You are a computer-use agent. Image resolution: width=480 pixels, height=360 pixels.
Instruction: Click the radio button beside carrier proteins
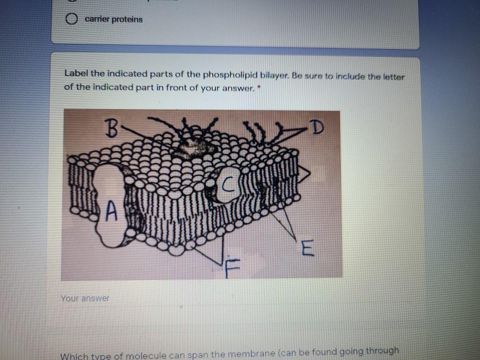(71, 19)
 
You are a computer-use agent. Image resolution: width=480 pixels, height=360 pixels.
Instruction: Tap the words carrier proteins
(114, 19)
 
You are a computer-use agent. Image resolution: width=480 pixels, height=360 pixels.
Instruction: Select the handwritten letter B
(110, 128)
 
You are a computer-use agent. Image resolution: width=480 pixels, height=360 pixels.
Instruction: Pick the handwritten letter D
(316, 127)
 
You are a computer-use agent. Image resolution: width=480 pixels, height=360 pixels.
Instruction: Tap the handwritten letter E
(307, 248)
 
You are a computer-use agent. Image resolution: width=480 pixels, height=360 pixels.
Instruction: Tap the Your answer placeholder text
(85, 298)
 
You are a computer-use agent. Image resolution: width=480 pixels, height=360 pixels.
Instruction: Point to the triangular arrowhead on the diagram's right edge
(303, 174)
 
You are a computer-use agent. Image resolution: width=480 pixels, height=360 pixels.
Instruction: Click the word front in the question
(176, 88)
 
